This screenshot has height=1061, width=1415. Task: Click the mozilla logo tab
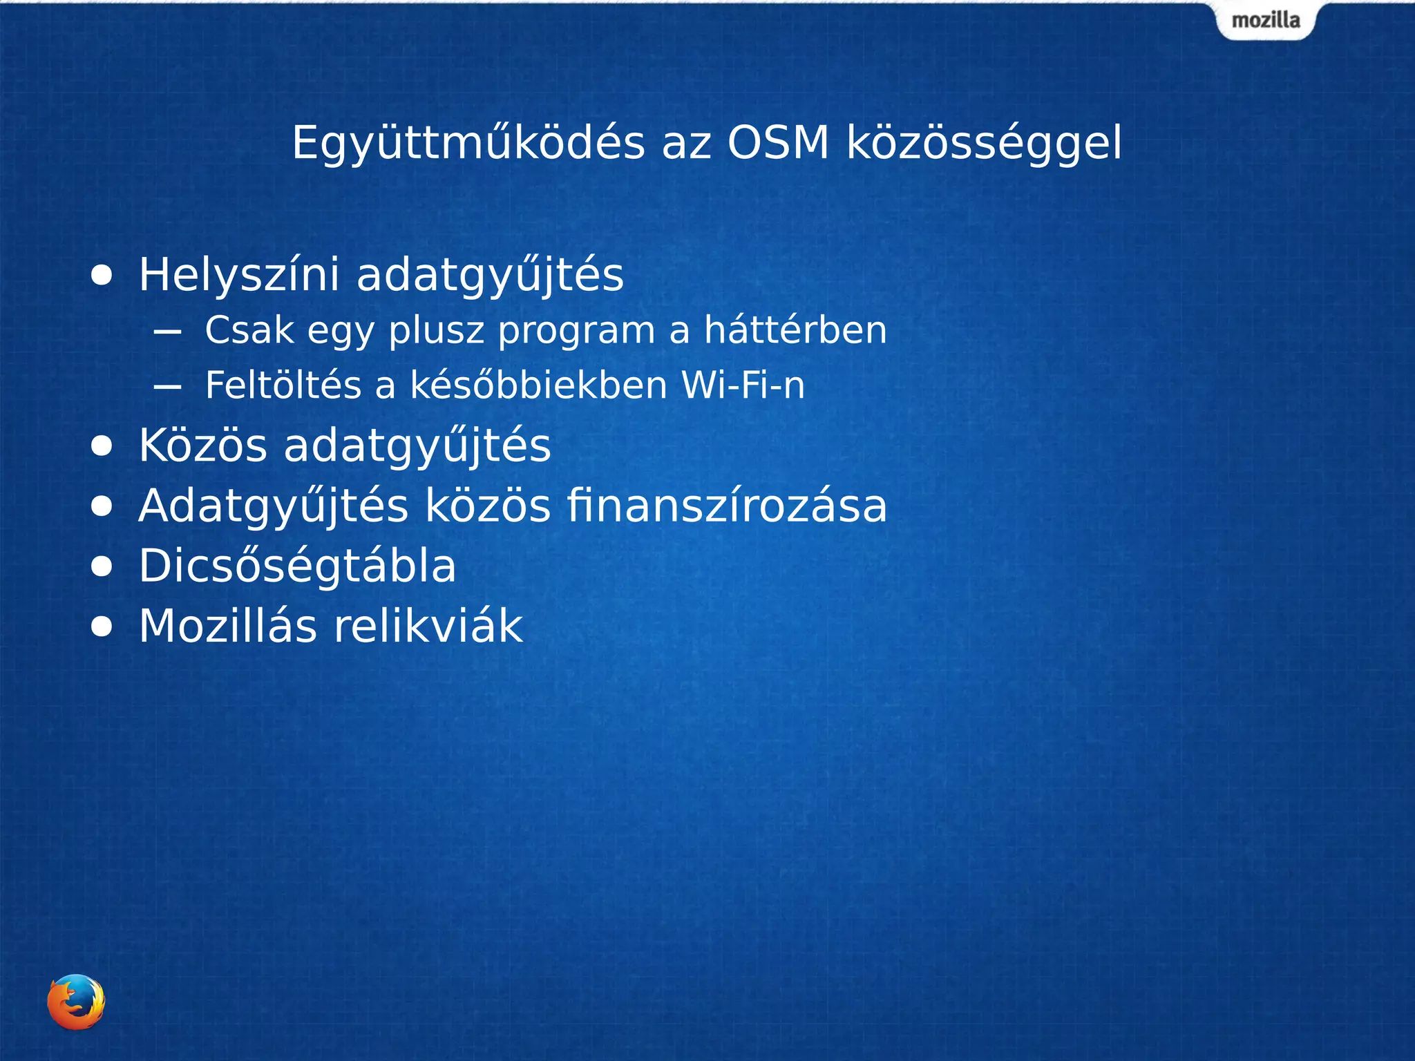point(1266,21)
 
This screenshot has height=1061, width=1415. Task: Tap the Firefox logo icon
point(76,1002)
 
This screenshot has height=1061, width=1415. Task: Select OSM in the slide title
point(777,143)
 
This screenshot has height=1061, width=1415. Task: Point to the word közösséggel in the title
point(984,144)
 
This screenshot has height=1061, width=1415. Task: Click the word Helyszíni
point(239,275)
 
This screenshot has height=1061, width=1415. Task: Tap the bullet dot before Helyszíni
point(102,276)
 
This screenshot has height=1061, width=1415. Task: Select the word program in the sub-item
point(576,331)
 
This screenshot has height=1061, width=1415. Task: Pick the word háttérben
point(795,329)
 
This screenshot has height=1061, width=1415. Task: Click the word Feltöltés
point(283,385)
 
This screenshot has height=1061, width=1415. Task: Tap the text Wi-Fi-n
point(743,385)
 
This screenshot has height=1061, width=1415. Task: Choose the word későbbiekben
point(539,385)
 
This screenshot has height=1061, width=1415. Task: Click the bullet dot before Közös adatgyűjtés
point(102,446)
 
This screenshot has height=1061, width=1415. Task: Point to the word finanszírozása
point(727,506)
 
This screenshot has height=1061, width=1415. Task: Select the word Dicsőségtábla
point(297,566)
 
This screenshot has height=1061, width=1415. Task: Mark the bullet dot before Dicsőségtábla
point(102,566)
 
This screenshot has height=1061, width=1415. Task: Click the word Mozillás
point(228,626)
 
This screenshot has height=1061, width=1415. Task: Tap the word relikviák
point(428,626)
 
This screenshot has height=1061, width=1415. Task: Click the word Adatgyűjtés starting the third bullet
point(273,507)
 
